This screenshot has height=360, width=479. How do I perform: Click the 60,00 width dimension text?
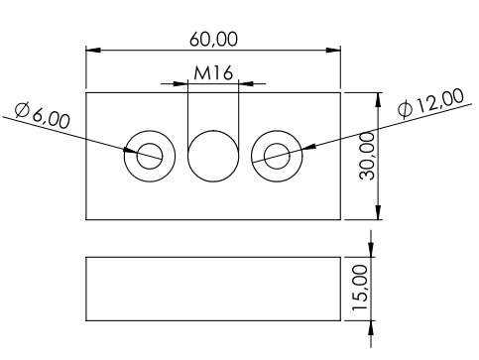[213, 40]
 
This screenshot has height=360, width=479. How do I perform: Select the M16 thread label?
[213, 73]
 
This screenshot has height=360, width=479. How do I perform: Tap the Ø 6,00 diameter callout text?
[43, 115]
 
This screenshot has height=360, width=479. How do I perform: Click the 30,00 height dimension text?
[367, 156]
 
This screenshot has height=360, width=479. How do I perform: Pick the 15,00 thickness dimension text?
[360, 288]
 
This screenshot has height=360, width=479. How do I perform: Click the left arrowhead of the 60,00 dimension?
[93, 51]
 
